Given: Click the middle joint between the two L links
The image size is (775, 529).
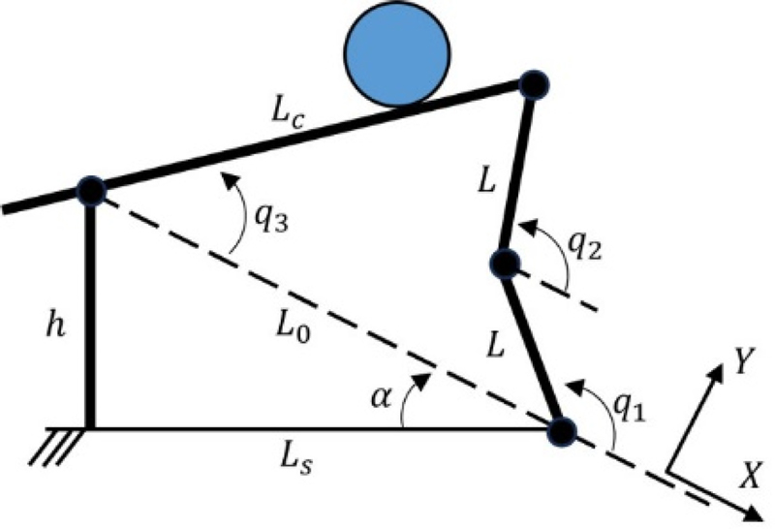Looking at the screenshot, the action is click(x=506, y=263).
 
